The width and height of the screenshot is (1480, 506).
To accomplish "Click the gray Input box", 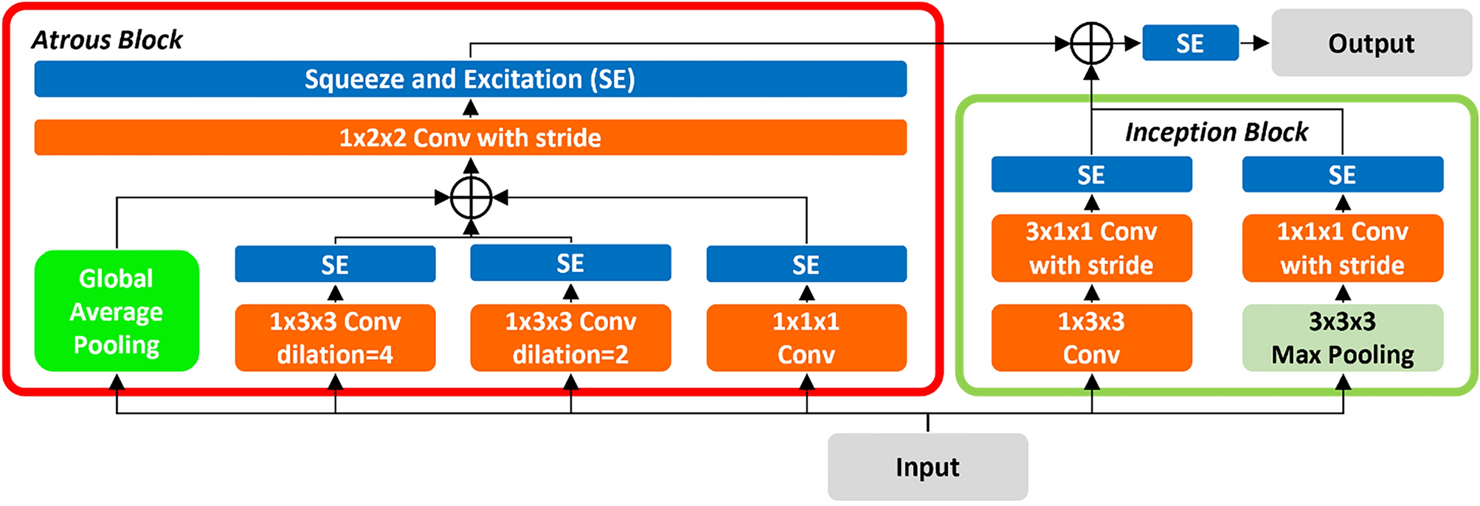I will tap(927, 466).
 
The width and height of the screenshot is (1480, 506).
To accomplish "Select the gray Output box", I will tap(1371, 43).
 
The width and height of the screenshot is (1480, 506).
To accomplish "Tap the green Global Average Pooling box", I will tap(117, 311).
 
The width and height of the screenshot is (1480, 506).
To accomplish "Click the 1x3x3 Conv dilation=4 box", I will tap(335, 337).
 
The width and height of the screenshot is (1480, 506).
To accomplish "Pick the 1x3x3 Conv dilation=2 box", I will tap(570, 337).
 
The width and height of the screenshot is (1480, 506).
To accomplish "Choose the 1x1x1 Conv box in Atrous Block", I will tap(806, 337).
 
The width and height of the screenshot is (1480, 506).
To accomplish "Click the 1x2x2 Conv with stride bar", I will tap(470, 137).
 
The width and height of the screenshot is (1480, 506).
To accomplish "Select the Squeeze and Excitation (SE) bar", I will tap(470, 79).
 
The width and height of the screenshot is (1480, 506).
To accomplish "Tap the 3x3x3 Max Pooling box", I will tap(1342, 337).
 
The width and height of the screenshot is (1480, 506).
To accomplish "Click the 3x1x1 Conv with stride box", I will tap(1091, 248).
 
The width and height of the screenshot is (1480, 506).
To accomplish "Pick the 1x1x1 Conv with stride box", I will tap(1342, 248).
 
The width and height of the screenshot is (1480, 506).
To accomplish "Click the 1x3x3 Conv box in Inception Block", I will tap(1091, 337).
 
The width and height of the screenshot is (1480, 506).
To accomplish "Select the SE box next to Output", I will tap(1190, 43).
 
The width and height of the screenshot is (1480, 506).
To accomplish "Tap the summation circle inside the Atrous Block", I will tap(471, 198).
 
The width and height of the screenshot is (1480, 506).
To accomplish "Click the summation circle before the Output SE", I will tap(1091, 44).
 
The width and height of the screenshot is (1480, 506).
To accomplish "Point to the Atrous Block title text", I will tap(107, 40).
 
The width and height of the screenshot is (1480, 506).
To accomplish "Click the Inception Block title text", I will tap(1216, 132).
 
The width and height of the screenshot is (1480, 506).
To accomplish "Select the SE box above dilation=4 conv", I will tap(335, 264).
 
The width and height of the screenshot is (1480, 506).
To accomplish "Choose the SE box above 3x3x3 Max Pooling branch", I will tap(1342, 175).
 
